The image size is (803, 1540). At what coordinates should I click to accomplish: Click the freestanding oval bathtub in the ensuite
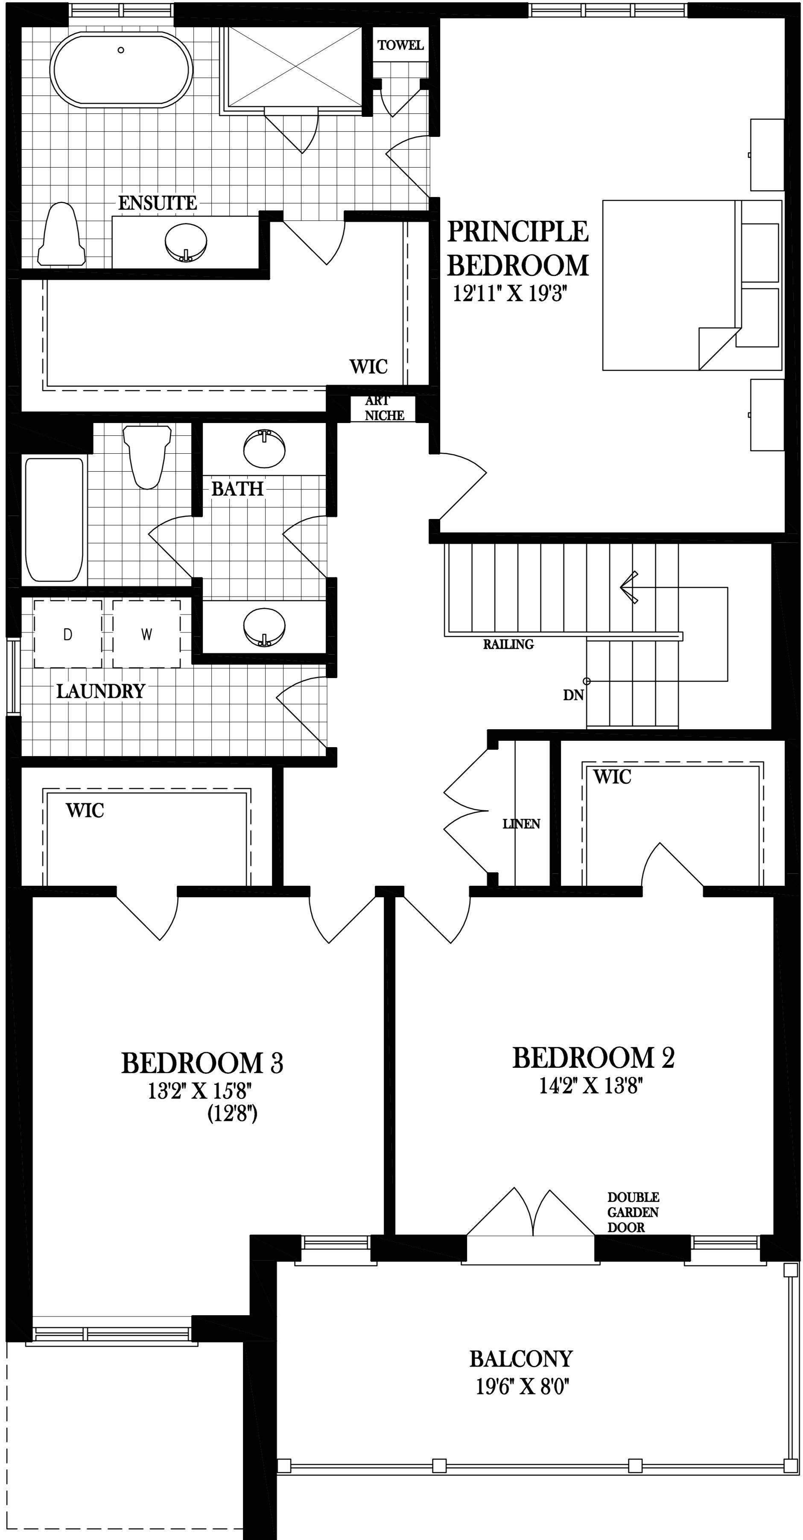122,70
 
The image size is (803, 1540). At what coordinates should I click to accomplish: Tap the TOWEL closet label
400,45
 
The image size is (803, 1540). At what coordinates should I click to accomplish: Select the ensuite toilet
61,235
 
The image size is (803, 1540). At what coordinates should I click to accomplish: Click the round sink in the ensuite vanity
186,241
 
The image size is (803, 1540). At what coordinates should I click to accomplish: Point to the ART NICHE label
383,408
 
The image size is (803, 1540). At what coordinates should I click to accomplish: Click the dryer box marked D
67,634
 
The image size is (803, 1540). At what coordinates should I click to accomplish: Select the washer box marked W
146,634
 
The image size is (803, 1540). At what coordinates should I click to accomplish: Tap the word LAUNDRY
100,692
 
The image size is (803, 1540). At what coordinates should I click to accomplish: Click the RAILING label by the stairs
508,644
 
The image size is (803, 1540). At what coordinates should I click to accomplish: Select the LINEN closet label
521,824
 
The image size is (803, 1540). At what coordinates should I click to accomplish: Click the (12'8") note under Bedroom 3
232,1114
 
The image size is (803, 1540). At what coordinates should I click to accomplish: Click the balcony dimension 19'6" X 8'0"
522,1386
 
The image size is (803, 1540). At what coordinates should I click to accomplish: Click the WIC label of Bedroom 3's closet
85,811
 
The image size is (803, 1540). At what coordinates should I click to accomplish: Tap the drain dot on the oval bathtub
121,50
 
